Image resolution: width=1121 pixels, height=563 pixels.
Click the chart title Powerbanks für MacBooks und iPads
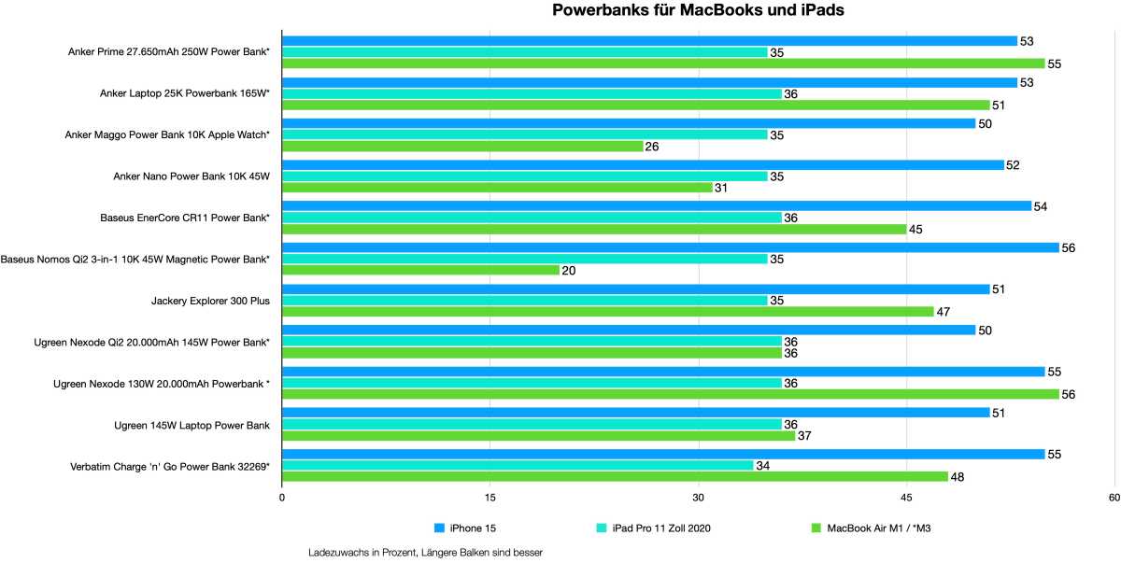(698, 11)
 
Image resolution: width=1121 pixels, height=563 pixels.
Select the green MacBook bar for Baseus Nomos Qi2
(420, 270)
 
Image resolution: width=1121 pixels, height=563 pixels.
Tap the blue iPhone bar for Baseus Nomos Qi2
(670, 247)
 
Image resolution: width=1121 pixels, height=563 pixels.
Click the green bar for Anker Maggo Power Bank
(462, 147)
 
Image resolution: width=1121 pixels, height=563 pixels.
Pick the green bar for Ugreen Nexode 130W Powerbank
(670, 394)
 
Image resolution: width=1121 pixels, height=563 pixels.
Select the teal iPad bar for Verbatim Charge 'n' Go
(518, 465)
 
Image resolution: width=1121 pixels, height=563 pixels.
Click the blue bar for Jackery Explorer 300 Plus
(635, 289)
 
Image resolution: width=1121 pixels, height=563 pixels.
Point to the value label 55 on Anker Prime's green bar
(1057, 64)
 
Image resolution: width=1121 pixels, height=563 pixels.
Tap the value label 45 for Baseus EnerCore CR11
(918, 230)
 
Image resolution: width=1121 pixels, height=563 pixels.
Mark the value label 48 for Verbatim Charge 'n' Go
(959, 477)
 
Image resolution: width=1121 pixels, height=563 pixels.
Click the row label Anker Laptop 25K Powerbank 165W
(185, 93)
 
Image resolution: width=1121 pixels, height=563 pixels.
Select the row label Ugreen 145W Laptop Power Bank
(192, 425)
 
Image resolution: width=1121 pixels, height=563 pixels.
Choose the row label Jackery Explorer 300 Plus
(210, 301)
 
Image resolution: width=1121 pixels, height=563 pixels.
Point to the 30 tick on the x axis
(698, 498)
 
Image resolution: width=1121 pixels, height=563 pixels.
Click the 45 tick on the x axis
(905, 498)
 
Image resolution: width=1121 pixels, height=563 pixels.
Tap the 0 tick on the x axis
(282, 498)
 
